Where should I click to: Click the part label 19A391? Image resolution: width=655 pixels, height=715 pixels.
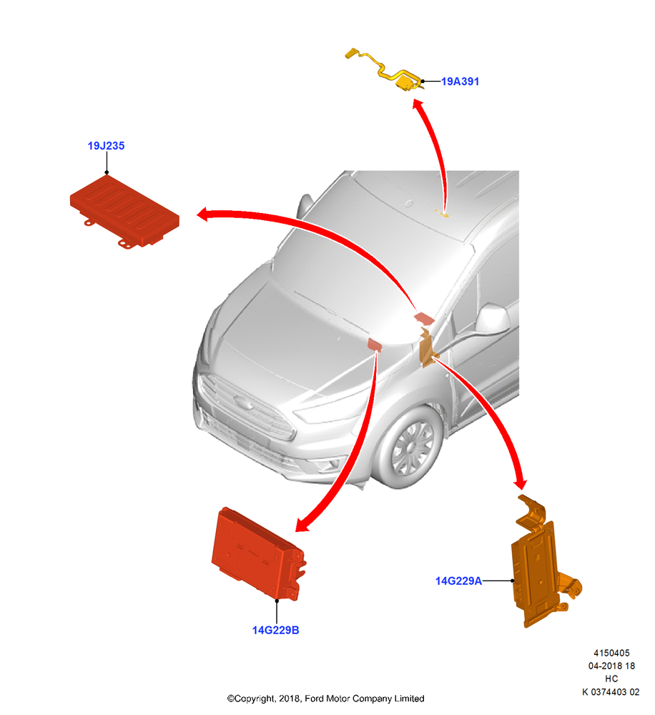[460, 82]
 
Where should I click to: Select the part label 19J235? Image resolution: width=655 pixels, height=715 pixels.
[106, 146]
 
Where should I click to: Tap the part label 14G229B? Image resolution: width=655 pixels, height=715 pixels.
[275, 630]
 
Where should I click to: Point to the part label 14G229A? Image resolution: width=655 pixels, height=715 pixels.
[458, 581]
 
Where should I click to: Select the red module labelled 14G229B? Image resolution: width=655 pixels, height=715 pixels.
[258, 554]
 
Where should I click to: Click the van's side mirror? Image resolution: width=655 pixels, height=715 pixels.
[493, 318]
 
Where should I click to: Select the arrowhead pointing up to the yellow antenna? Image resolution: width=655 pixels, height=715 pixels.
[418, 105]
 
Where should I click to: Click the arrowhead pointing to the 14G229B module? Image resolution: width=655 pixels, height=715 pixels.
[302, 526]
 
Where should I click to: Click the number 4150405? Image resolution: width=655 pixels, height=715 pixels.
[611, 653]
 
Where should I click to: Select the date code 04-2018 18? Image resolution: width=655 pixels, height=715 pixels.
[611, 666]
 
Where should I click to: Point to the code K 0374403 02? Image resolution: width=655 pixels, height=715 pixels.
[611, 691]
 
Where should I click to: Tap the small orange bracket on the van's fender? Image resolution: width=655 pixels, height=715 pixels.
[428, 347]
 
